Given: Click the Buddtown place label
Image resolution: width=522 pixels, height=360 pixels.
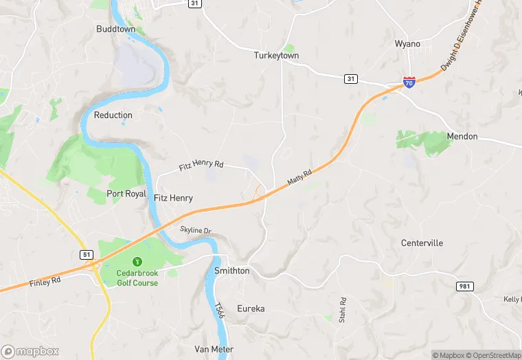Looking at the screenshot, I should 115,30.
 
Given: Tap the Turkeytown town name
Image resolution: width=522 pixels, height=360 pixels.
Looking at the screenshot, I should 276,55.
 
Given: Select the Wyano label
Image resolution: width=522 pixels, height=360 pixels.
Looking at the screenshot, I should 407,44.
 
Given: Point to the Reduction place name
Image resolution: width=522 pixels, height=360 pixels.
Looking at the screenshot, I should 113,115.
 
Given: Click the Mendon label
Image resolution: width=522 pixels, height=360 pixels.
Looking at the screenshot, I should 462,136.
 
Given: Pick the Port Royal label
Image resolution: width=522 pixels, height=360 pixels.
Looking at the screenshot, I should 126,194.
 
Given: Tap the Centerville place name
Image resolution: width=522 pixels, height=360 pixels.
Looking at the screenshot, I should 422,243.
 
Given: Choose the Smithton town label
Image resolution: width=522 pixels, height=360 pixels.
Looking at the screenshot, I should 232,271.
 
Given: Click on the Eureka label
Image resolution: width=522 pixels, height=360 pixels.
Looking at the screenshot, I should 251,308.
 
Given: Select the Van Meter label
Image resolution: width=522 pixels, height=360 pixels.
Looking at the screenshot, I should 214,349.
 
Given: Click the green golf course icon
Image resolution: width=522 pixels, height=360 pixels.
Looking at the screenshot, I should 137,261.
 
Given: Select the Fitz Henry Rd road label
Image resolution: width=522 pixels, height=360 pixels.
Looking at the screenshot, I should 201,165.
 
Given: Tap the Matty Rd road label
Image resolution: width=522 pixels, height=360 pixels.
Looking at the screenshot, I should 299,177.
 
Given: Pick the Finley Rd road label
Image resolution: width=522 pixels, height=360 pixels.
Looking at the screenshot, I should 45,281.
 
